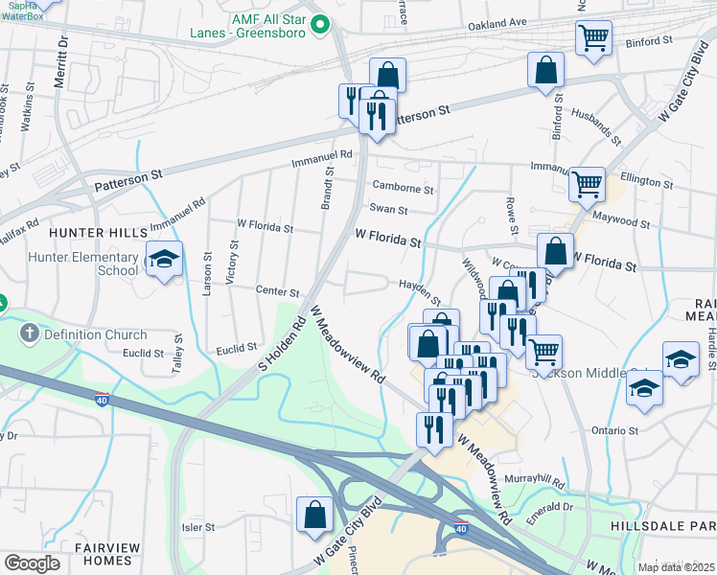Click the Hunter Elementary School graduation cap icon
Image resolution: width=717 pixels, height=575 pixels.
[164, 259]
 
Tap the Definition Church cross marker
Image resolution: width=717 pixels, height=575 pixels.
[30, 334]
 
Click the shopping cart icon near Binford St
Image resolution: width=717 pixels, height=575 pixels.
[593, 38]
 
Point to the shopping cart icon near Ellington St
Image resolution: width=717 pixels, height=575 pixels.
[586, 182]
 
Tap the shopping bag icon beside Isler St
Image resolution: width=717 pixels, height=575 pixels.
[314, 515]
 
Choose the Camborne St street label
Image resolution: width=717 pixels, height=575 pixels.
[404, 190]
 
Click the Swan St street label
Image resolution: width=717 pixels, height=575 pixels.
[389, 210]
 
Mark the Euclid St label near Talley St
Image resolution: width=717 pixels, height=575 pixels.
[144, 354]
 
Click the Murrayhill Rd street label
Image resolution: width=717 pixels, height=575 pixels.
[567, 477]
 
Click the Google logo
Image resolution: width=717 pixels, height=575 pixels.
[32, 563]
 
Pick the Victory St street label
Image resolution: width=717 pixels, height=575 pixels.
[231, 262]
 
